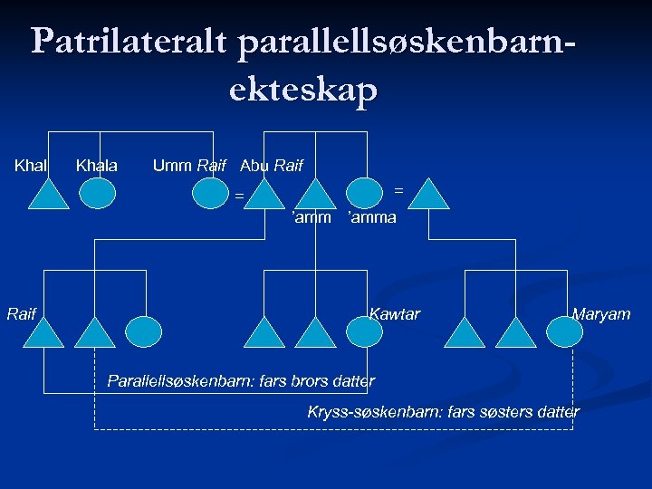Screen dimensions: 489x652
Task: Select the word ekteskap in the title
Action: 303,91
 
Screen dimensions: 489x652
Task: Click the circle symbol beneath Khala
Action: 97,192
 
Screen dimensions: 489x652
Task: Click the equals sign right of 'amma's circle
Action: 398,189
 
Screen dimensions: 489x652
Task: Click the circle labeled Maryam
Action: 569,331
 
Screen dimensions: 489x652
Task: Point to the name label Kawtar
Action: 395,314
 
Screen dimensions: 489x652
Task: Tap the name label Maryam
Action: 601,314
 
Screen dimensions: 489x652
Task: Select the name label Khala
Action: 97,166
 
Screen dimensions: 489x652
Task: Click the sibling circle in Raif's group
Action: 143,331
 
